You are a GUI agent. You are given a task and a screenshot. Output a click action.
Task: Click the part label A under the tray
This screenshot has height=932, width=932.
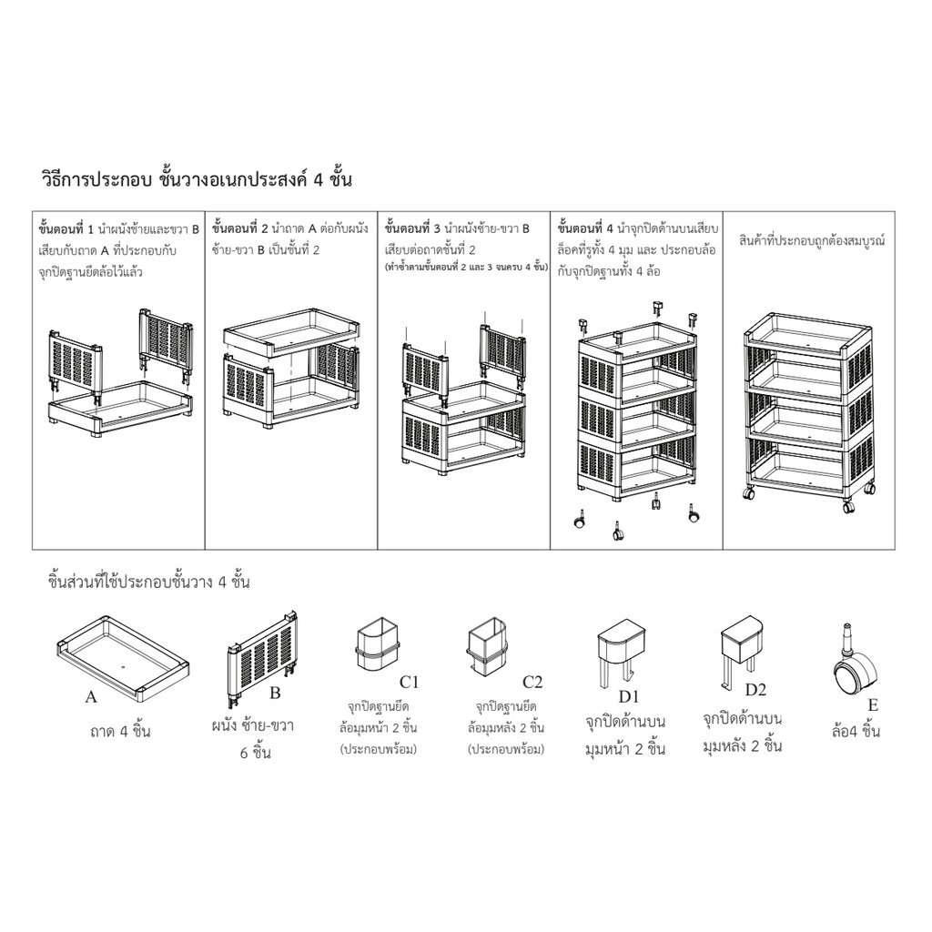[91, 696]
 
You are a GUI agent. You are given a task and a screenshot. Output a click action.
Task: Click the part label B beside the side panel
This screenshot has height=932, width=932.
[275, 693]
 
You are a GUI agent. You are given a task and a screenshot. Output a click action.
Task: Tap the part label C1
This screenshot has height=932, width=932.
[409, 683]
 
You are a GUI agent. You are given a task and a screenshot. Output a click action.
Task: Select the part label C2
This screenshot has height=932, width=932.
[532, 682]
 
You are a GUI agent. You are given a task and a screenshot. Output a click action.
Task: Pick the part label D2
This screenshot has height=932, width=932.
[755, 690]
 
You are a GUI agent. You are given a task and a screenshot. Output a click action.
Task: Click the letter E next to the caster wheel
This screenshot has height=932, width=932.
[873, 705]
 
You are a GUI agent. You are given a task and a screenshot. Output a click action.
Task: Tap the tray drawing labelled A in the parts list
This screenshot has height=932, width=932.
[123, 656]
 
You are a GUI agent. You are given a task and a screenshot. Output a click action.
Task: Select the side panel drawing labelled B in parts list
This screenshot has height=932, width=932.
[262, 658]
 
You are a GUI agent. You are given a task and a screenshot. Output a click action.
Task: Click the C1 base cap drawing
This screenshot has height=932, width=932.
[377, 644]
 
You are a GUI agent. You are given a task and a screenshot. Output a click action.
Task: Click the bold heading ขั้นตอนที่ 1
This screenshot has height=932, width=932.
[66, 228]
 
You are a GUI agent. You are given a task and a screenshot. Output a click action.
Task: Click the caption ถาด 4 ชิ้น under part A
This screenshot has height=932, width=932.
[120, 731]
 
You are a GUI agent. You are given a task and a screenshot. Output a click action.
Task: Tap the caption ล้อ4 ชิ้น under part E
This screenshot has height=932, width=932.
[856, 731]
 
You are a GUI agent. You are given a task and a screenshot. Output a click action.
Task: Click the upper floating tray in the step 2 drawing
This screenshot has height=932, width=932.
[292, 331]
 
